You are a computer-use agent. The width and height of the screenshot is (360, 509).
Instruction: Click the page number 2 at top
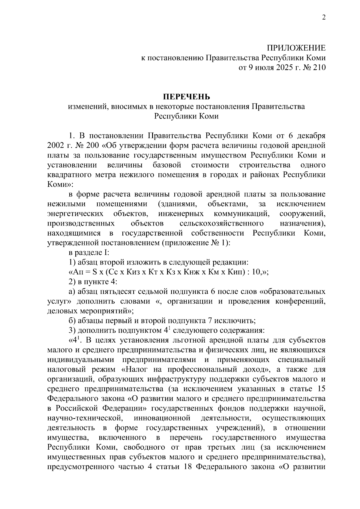323,17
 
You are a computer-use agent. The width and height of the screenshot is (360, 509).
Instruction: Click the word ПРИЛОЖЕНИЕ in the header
296,48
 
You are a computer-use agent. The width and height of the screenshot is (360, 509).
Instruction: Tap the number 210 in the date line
319,67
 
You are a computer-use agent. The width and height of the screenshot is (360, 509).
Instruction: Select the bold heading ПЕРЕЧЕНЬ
186,97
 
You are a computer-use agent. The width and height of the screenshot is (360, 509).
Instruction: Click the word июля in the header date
263,67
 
